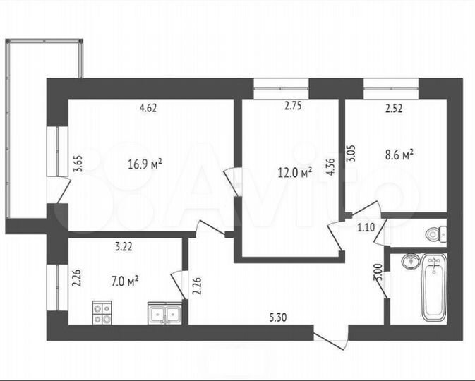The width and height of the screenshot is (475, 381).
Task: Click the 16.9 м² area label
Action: point(145,164)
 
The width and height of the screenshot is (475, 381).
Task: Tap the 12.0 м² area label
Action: point(295,172)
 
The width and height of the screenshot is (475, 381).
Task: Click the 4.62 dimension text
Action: point(148,108)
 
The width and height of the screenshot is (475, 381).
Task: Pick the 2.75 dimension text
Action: point(293,108)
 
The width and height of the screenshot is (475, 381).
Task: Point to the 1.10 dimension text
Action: point(366,226)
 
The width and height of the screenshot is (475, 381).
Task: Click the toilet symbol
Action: point(435,233)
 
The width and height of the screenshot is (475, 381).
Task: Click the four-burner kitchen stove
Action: point(102,312)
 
